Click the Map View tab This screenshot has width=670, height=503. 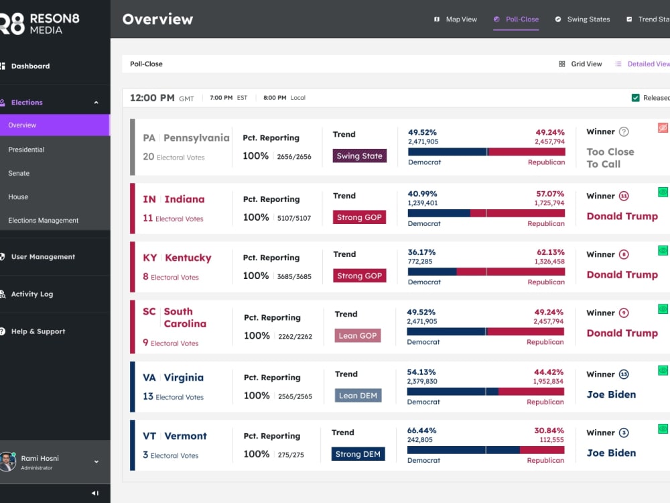point(456,19)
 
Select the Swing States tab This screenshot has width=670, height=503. point(582,19)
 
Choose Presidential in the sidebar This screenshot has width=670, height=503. point(26,150)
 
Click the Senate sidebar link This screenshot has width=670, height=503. point(19,173)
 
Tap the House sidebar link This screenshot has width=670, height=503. point(18,197)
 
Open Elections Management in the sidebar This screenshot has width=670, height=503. point(43,220)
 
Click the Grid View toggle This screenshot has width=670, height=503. point(580,64)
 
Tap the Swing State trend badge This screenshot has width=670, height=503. point(359,156)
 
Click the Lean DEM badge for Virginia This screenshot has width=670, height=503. point(358,396)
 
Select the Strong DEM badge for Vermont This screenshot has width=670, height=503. point(358,454)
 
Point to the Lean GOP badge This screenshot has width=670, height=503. point(358,336)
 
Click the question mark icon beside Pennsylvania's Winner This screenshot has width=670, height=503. point(624,131)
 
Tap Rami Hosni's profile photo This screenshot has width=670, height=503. point(7,462)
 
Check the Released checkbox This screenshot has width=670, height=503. point(635,98)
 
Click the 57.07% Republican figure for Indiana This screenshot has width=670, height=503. point(550,194)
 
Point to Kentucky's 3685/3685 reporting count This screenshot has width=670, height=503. point(294,276)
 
